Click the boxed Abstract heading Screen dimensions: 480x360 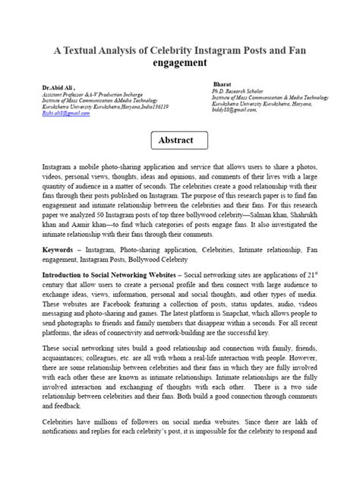(x=180, y=141)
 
